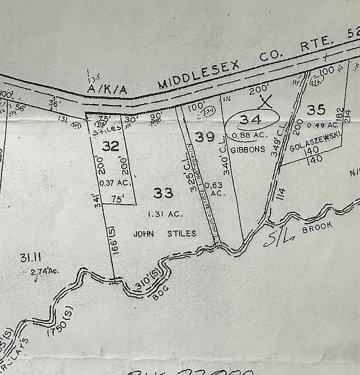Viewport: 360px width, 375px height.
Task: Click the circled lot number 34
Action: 250,120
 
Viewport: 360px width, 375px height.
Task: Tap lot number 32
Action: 110,146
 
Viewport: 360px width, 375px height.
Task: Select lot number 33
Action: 163,193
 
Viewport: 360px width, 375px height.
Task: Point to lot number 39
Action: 204,137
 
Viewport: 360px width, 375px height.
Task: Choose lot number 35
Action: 316,109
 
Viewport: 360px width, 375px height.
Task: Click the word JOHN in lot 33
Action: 144,234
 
